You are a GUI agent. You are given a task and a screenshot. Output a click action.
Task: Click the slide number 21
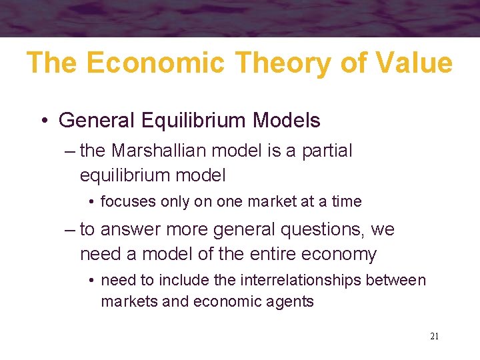pyautogui.click(x=434, y=336)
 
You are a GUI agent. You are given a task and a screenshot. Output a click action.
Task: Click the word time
pyautogui.click(x=346, y=201)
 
